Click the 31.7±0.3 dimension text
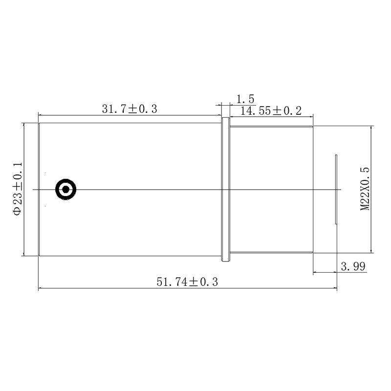point(130,109)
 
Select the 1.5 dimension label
point(245,99)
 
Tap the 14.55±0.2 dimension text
point(271,111)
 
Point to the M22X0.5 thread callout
point(365,189)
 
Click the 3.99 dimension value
point(353,266)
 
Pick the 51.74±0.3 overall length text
point(187,282)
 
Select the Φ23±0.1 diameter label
point(18,189)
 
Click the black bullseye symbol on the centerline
point(65,190)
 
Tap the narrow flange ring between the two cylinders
point(225,190)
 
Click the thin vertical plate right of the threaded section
point(336,190)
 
